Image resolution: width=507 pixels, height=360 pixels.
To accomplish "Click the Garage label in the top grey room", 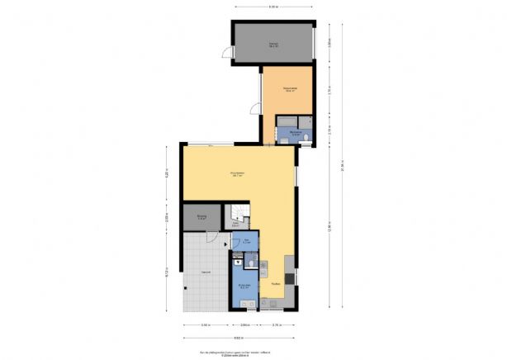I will tap(272, 45).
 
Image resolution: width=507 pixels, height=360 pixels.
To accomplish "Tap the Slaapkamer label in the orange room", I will tap(289, 90).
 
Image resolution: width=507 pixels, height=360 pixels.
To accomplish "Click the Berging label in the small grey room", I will tap(202, 217).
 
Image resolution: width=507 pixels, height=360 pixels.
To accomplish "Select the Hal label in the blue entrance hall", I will tap(246, 241).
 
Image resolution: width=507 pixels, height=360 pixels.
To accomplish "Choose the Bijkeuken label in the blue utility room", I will tap(244, 287).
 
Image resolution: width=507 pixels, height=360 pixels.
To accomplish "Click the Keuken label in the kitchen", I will tap(276, 283).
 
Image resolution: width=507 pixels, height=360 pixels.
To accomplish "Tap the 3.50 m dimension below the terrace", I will tap(205, 326).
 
